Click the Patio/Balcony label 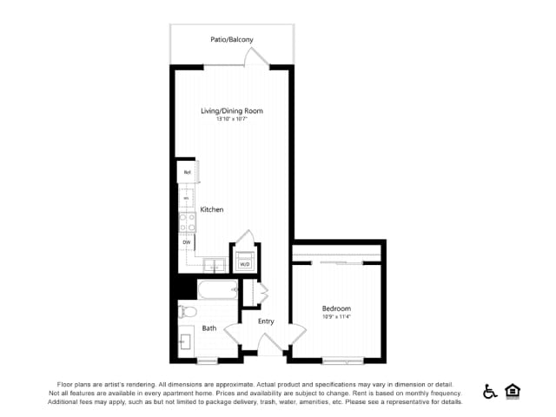pyautogui.click(x=232, y=39)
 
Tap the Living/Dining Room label pyautogui.click(x=232, y=110)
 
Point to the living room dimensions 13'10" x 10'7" pyautogui.click(x=232, y=119)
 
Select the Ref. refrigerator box pyautogui.click(x=187, y=172)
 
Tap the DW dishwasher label pyautogui.click(x=186, y=242)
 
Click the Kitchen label pyautogui.click(x=212, y=209)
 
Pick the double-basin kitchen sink pyautogui.click(x=214, y=264)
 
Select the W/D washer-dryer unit pyautogui.click(x=244, y=259)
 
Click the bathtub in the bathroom pyautogui.click(x=217, y=290)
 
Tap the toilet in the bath pyautogui.click(x=186, y=311)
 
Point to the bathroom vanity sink pyautogui.click(x=187, y=338)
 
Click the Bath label pyautogui.click(x=209, y=328)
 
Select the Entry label pyautogui.click(x=266, y=321)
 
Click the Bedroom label pyautogui.click(x=336, y=308)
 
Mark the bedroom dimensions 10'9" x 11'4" pyautogui.click(x=336, y=317)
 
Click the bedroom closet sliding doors pyautogui.click(x=338, y=261)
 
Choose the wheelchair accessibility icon pyautogui.click(x=490, y=392)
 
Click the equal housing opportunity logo pyautogui.click(x=513, y=391)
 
